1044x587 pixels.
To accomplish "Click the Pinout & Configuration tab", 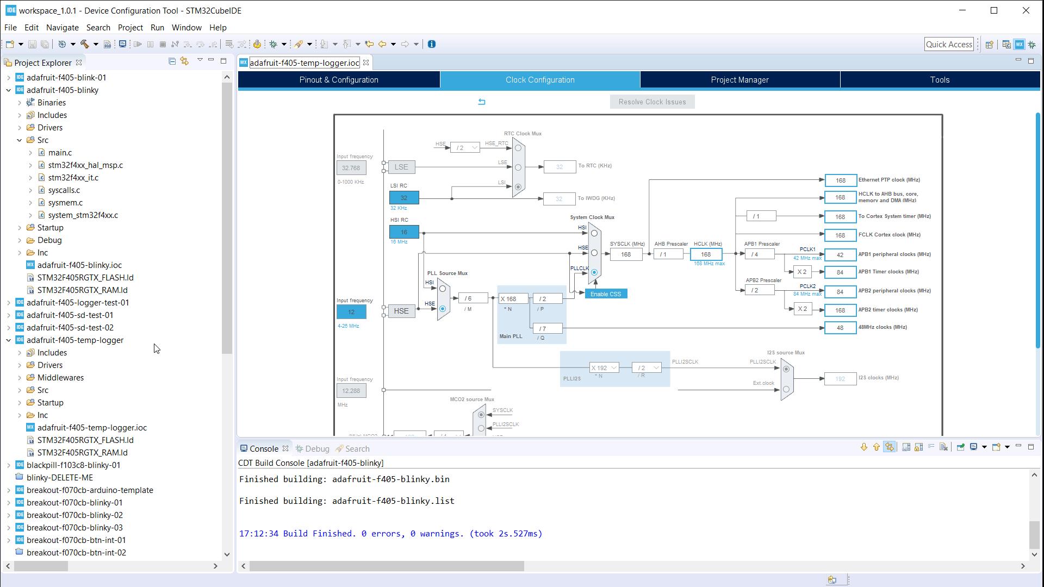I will point(339,80).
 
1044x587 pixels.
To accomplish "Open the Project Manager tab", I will point(739,80).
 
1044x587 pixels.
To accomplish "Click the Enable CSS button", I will point(606,294).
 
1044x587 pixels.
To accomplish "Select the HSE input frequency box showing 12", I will point(351,312).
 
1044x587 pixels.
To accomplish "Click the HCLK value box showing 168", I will point(706,254).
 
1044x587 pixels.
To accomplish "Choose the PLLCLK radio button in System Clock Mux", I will point(594,272).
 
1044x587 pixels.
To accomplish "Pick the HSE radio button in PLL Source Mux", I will point(443,309).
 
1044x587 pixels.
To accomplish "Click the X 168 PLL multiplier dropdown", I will point(513,299).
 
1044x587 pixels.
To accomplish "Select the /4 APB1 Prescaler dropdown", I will point(759,254).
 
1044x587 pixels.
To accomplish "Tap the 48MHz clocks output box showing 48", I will point(840,328).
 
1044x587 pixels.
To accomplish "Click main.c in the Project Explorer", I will point(60,153).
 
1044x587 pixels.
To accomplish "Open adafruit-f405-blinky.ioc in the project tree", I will point(79,265).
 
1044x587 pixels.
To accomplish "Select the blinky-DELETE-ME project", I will point(60,478).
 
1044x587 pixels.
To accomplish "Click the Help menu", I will point(217,28).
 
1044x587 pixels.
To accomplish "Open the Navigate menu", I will point(62,28).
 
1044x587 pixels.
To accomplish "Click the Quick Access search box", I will point(949,45).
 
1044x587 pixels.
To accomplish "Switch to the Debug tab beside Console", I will point(317,449).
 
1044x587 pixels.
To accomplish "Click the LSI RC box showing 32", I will point(404,198).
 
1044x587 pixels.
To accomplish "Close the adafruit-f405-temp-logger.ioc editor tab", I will point(366,63).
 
